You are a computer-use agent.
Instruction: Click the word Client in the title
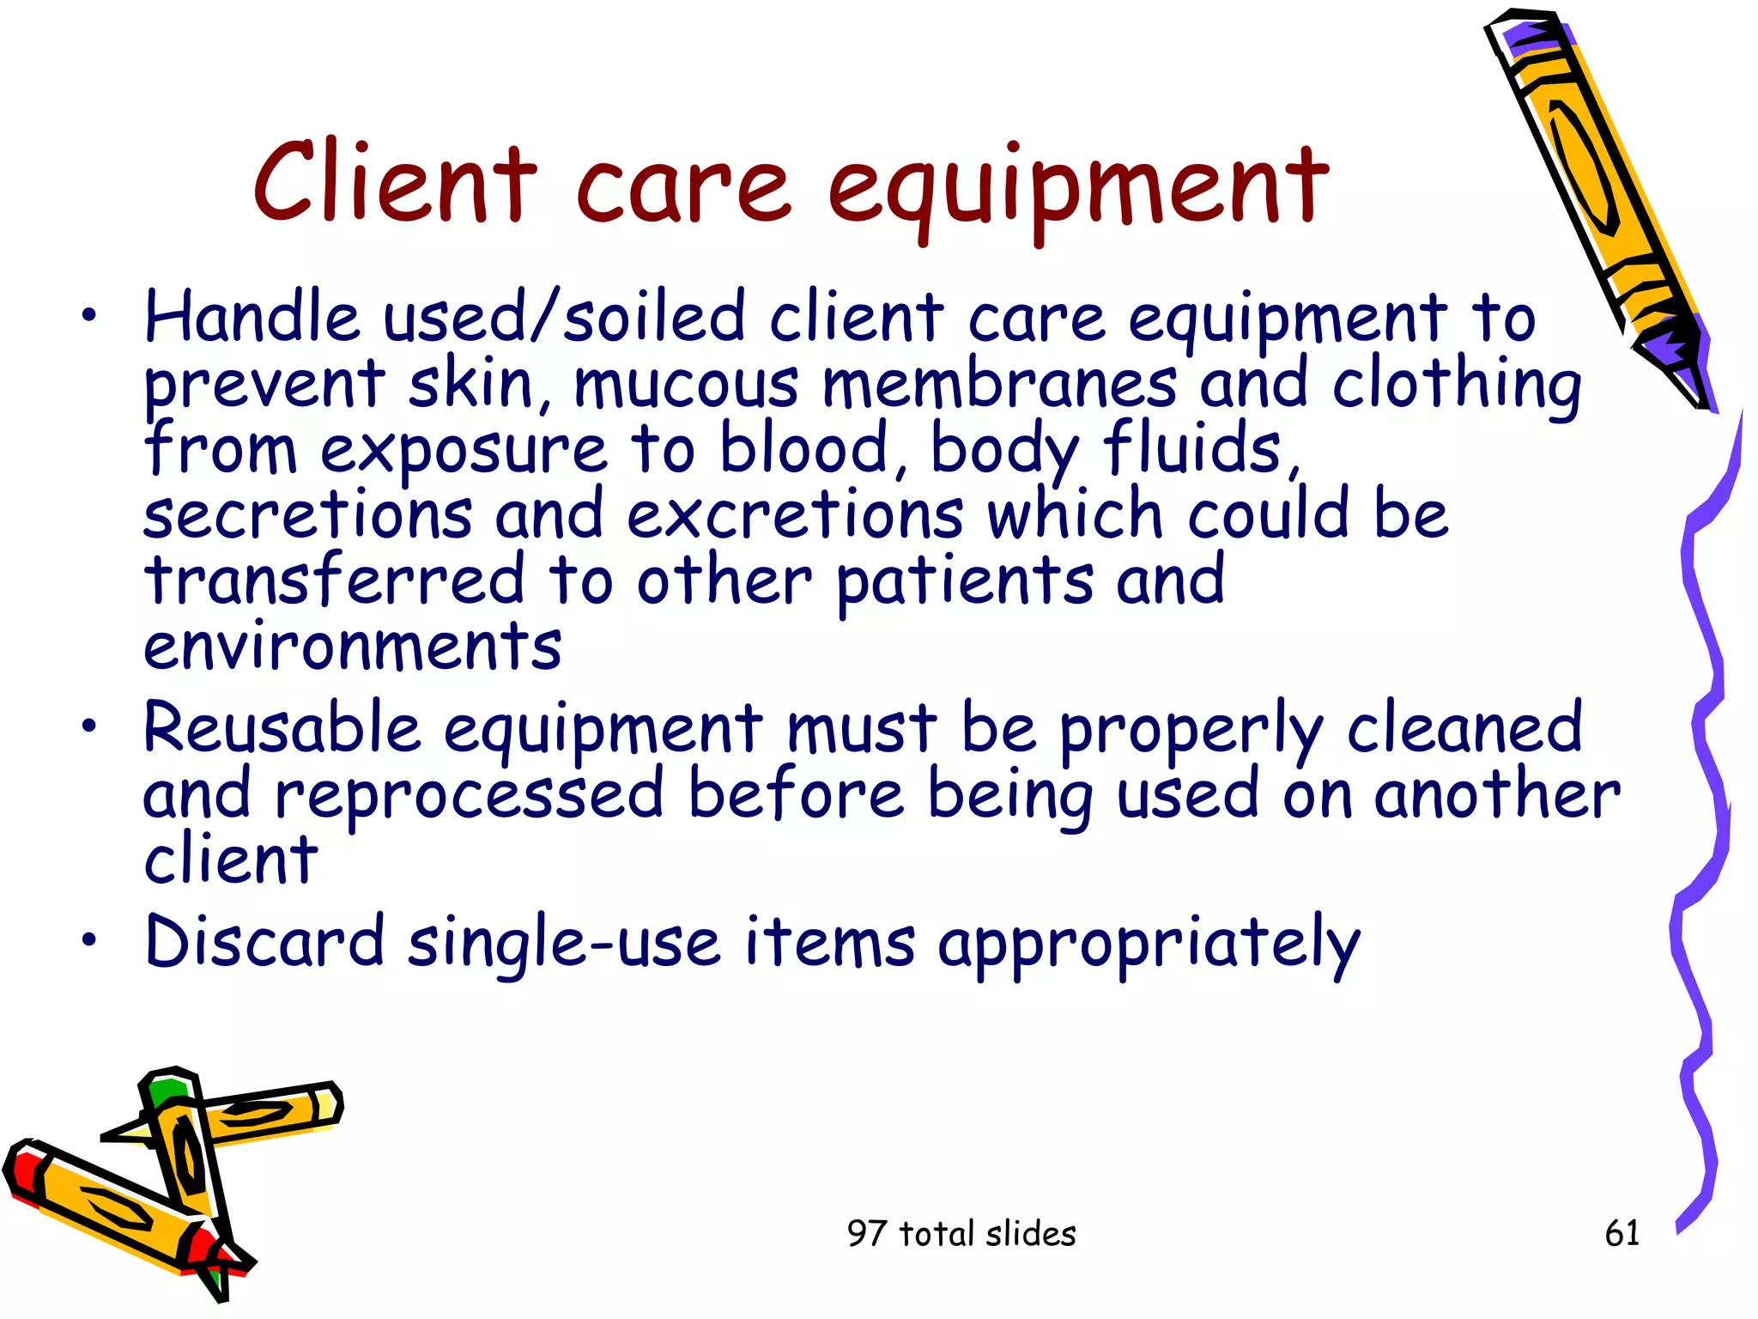pyautogui.click(x=395, y=184)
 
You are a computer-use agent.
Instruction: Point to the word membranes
pyautogui.click(x=999, y=384)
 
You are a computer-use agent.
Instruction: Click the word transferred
pyautogui.click(x=334, y=580)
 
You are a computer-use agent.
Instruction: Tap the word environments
pyautogui.click(x=352, y=646)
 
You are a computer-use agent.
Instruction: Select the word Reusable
pyautogui.click(x=282, y=728)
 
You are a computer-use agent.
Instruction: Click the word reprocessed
pyautogui.click(x=469, y=795)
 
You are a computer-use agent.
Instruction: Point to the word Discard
pyautogui.click(x=264, y=942)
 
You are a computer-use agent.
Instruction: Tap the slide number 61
pyautogui.click(x=1622, y=1233)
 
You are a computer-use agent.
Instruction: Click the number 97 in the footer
pyautogui.click(x=866, y=1234)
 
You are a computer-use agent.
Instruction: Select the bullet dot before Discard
pyautogui.click(x=88, y=940)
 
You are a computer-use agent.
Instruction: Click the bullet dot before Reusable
pyautogui.click(x=88, y=727)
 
